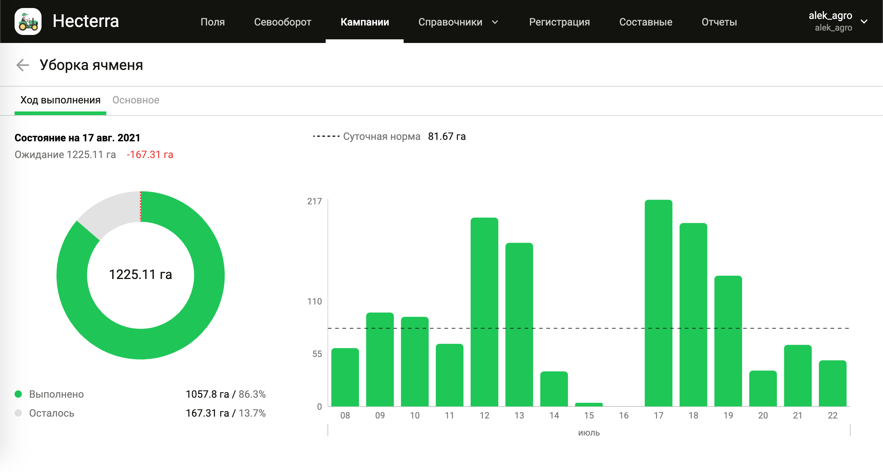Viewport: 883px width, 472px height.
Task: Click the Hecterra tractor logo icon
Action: click(x=28, y=21)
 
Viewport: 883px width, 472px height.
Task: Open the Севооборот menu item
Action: click(x=282, y=22)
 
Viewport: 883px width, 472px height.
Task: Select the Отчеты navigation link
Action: click(x=719, y=22)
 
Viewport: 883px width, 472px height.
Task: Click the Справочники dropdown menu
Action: click(x=458, y=22)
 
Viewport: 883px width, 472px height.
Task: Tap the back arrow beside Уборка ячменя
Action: click(x=23, y=65)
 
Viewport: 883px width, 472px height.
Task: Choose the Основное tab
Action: click(x=136, y=100)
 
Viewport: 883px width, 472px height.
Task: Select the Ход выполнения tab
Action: click(x=60, y=100)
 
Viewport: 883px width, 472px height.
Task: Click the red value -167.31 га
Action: click(x=150, y=155)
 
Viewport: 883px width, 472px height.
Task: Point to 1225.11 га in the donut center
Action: click(x=140, y=275)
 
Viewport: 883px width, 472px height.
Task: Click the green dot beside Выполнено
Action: click(x=18, y=394)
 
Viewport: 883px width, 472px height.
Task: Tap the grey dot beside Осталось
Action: click(x=18, y=413)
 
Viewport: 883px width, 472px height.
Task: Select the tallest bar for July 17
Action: click(x=658, y=302)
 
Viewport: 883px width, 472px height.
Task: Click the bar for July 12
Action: click(x=484, y=311)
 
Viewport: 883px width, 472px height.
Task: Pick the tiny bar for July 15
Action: click(x=589, y=404)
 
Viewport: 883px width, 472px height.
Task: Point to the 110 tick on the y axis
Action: click(x=314, y=302)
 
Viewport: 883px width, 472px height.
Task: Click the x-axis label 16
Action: click(x=624, y=416)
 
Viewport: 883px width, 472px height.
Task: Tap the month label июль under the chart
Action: click(x=589, y=433)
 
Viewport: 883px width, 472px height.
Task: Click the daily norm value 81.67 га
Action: click(x=447, y=137)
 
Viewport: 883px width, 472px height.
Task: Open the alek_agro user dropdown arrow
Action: click(x=864, y=21)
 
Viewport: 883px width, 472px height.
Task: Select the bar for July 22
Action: click(x=832, y=383)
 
